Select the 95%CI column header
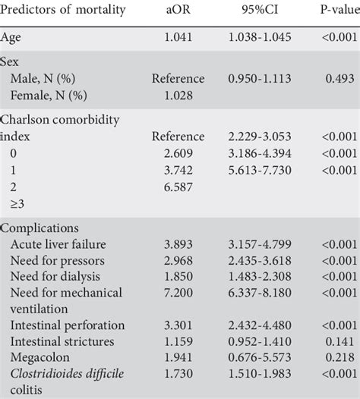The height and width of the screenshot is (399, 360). click(260, 10)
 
